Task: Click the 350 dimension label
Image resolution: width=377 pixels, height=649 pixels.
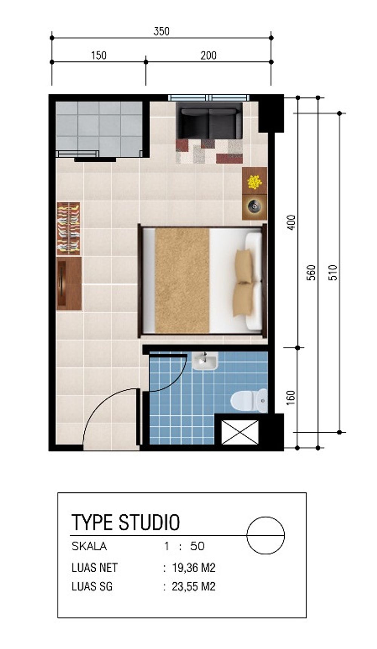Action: pyautogui.click(x=161, y=31)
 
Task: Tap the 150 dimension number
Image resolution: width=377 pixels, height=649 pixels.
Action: pyautogui.click(x=98, y=56)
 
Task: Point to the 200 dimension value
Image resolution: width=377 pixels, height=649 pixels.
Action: pyautogui.click(x=208, y=56)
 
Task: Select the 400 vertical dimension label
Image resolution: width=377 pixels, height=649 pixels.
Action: pyautogui.click(x=291, y=222)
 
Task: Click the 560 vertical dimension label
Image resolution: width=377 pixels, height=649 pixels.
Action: pyautogui.click(x=311, y=273)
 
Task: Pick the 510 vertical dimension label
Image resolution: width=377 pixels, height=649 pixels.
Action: pyautogui.click(x=333, y=273)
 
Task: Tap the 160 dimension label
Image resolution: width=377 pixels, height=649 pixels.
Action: pyautogui.click(x=291, y=398)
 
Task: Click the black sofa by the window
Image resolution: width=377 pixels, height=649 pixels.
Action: pyautogui.click(x=210, y=120)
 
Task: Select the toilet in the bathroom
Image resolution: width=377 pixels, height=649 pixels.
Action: pyautogui.click(x=249, y=401)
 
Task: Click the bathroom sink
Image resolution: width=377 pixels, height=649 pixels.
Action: pyautogui.click(x=204, y=361)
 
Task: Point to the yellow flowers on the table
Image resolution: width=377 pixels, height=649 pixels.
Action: pyautogui.click(x=254, y=182)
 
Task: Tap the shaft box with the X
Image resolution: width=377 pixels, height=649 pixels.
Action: pyautogui.click(x=240, y=432)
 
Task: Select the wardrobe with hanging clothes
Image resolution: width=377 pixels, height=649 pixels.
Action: pyautogui.click(x=69, y=229)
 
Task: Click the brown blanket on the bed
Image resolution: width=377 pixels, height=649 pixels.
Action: pyautogui.click(x=182, y=280)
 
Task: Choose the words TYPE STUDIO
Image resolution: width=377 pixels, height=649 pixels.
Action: pyautogui.click(x=126, y=522)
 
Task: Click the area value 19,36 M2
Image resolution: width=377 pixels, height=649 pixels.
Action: pyautogui.click(x=193, y=568)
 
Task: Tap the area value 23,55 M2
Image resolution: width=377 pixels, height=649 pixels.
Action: pyautogui.click(x=193, y=587)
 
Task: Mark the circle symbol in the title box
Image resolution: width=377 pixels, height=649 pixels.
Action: pyautogui.click(x=265, y=535)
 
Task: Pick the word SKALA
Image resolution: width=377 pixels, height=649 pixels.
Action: pyautogui.click(x=89, y=546)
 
